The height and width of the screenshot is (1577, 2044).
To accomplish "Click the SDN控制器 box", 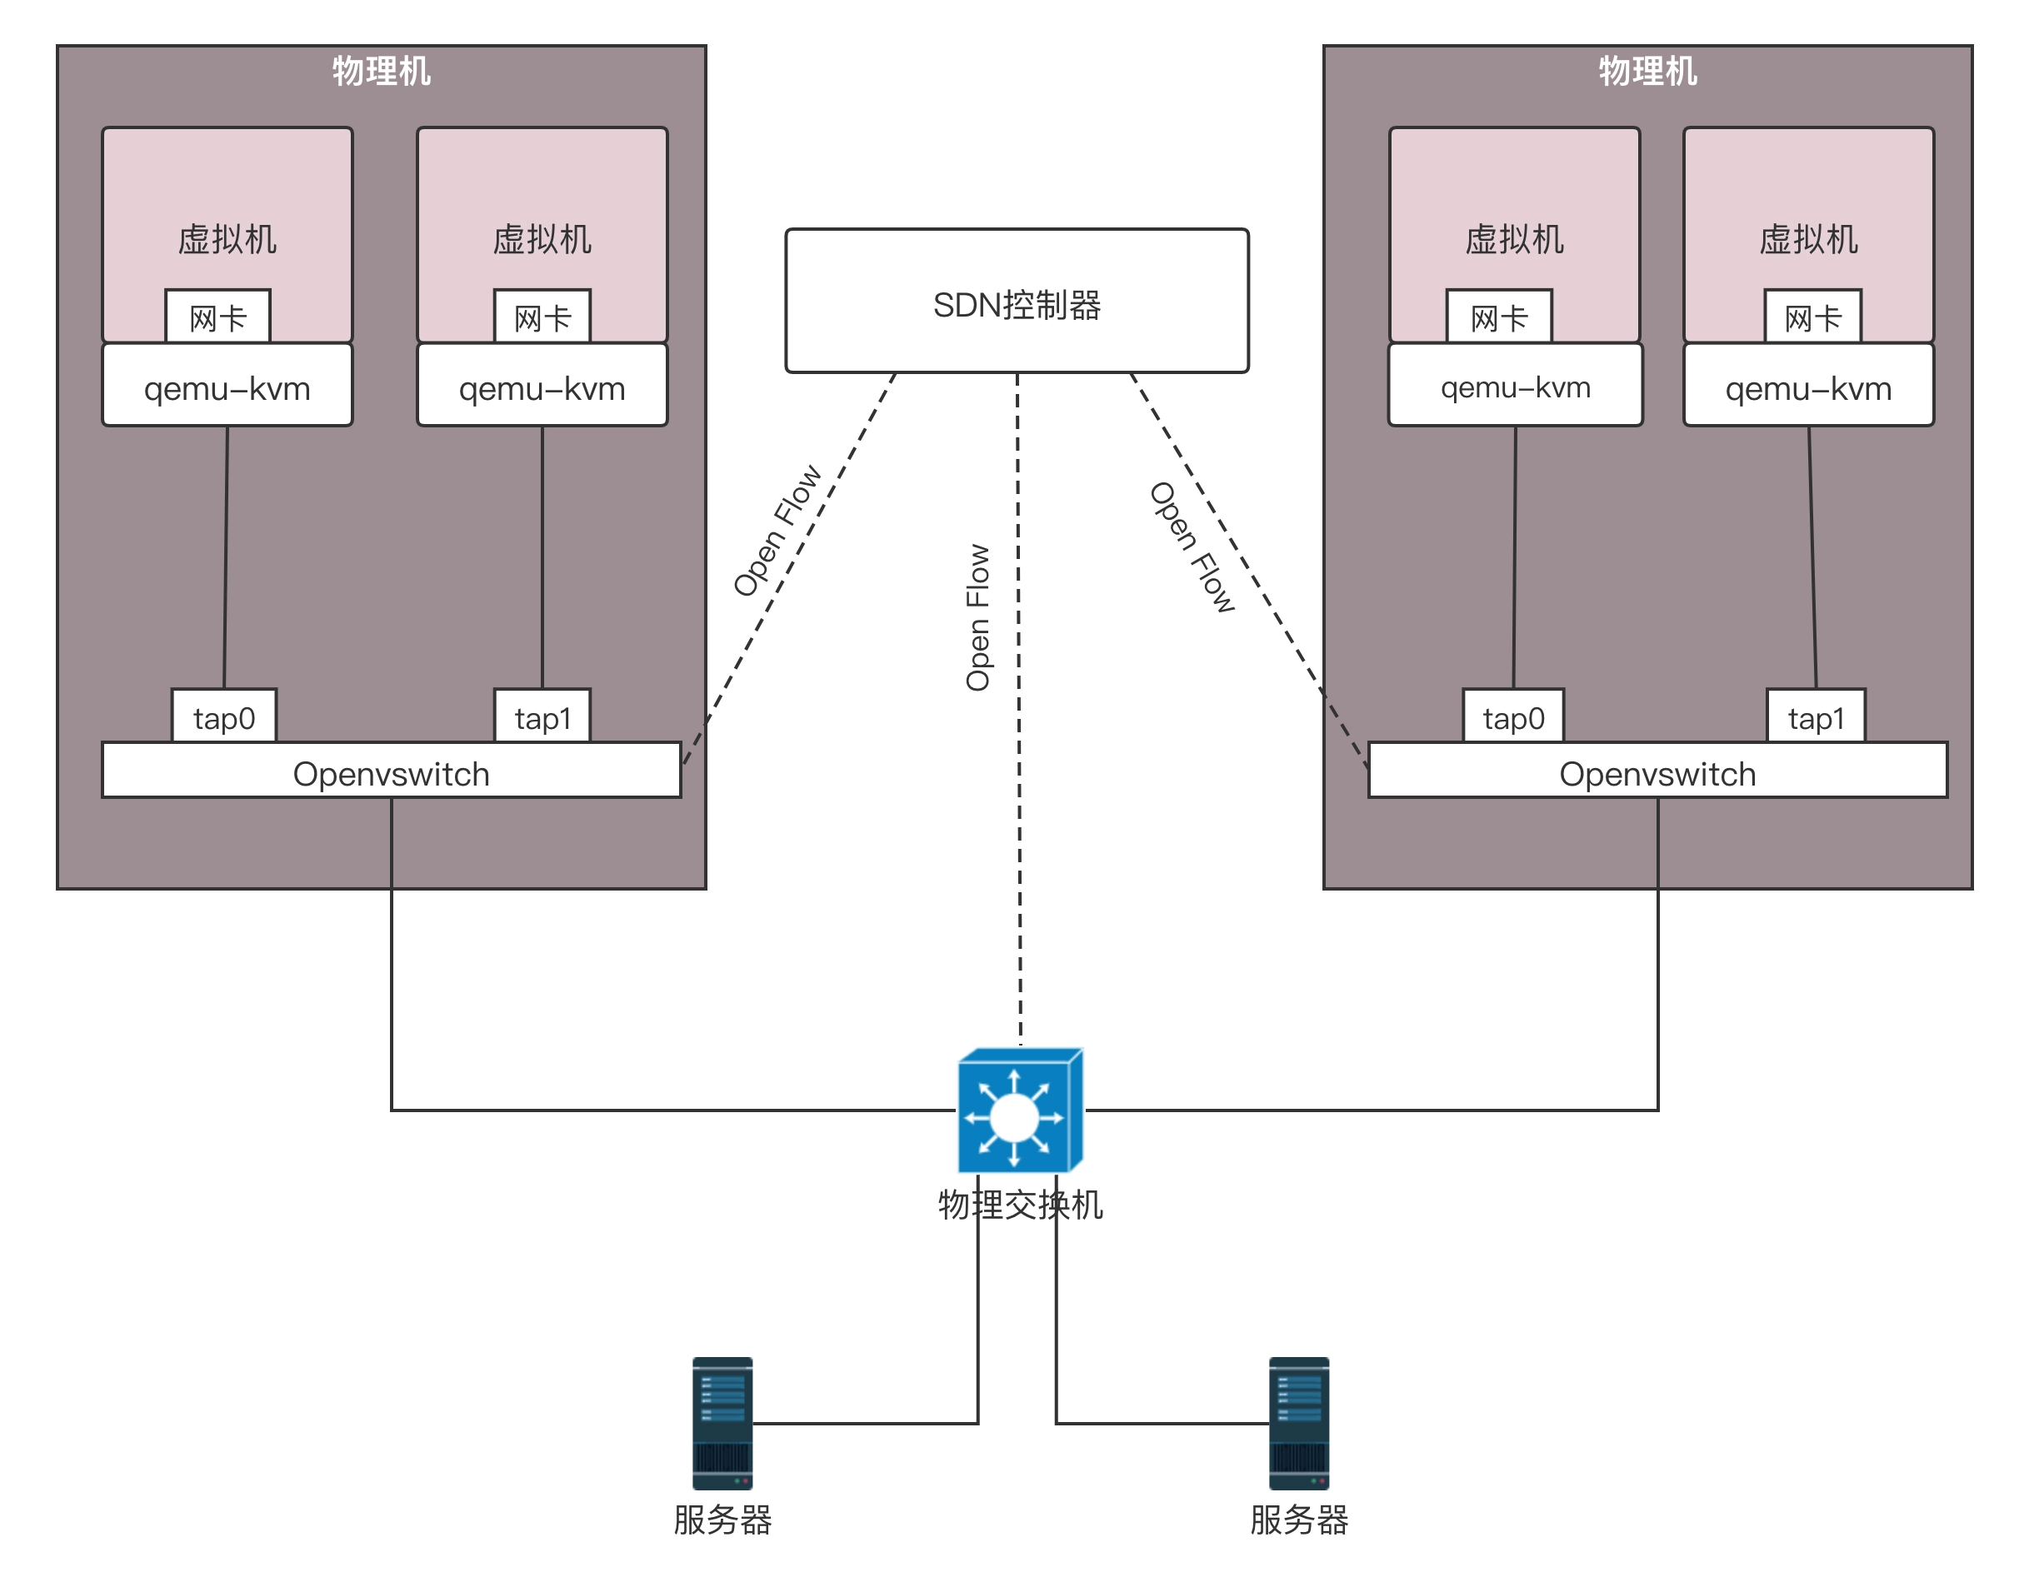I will [1017, 301].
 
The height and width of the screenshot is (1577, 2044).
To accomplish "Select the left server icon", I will [722, 1423].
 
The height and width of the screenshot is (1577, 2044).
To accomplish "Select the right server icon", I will [1298, 1423].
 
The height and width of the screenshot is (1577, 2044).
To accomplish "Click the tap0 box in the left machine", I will [223, 717].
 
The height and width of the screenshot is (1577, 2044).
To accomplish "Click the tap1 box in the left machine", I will [542, 717].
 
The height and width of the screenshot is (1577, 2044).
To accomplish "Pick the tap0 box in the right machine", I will [1513, 717].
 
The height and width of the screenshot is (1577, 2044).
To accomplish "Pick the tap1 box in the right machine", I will [1816, 717].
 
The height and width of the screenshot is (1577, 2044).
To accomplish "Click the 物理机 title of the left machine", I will [381, 71].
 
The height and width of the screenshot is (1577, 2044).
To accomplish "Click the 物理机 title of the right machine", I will [1647, 71].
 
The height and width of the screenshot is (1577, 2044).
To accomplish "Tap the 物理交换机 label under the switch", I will [1020, 1205].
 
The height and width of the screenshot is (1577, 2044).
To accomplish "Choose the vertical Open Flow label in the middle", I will [977, 617].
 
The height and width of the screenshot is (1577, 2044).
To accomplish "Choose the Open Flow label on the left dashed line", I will [777, 531].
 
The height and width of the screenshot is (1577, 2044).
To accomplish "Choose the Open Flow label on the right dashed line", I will [1192, 546].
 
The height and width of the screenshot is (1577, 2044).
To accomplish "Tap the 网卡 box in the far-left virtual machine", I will [218, 317].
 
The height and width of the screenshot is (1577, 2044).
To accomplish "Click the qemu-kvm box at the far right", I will [1808, 386].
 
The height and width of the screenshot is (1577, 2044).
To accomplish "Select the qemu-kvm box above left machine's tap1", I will [542, 386].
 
